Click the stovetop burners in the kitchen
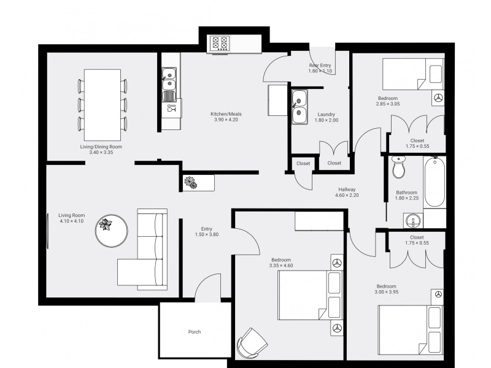pos(220,43)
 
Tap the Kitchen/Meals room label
pos(226,114)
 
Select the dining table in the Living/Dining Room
pos(102,105)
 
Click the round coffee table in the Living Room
pos(112,231)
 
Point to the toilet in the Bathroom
pos(398,167)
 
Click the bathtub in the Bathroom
pos(435,182)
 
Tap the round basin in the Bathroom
pos(413,221)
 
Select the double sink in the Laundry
pos(300,107)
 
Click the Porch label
pos(195,332)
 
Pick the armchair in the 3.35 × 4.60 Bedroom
pos(252,343)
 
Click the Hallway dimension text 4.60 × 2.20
pos(347,195)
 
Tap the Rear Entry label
pos(320,66)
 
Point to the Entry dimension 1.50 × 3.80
pos(207,234)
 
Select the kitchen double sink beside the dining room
pos(169,80)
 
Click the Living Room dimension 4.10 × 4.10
pos(72,221)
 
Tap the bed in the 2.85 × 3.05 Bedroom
pos(412,74)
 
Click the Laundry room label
pos(327,115)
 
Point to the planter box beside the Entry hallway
pos(198,183)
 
